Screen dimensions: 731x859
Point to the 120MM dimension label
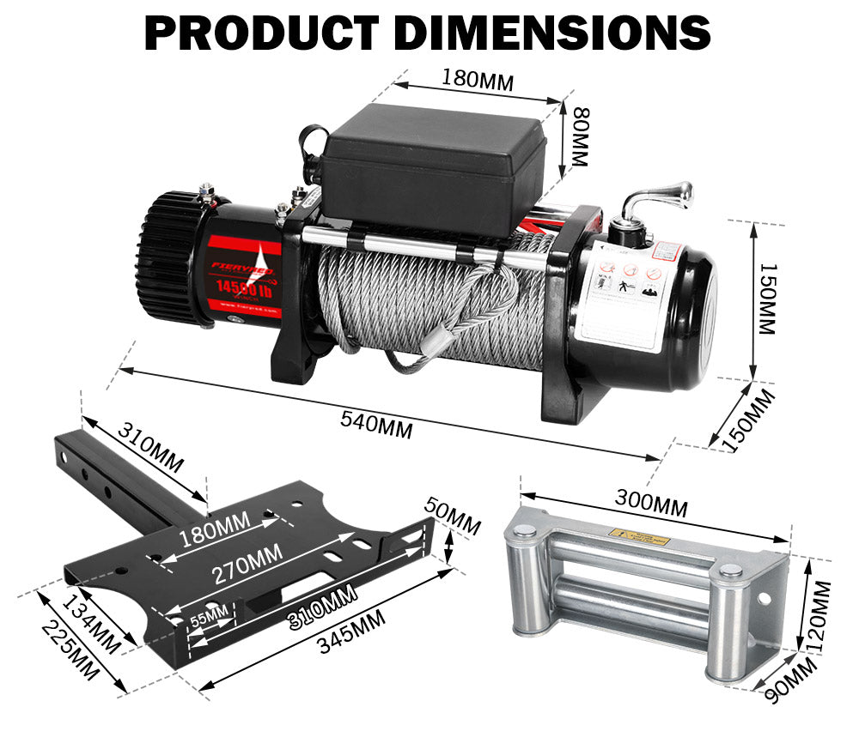coord(820,614)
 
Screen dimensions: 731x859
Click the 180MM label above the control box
coord(477,80)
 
